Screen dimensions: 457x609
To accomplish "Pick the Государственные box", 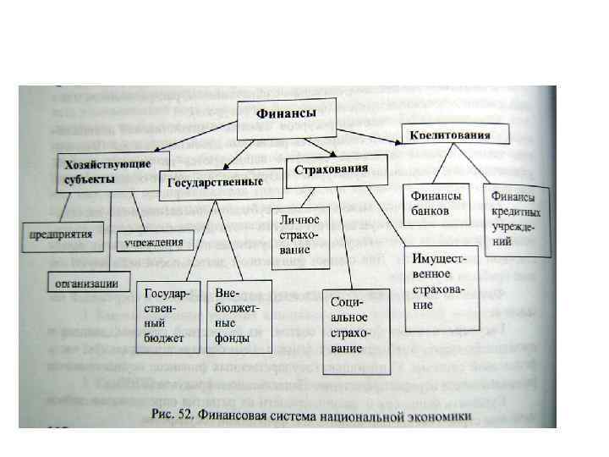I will [211, 183].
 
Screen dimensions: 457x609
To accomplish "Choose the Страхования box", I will [332, 169].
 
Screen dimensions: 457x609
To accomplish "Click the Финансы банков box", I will [437, 204].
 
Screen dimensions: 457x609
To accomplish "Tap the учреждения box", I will [153, 242].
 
